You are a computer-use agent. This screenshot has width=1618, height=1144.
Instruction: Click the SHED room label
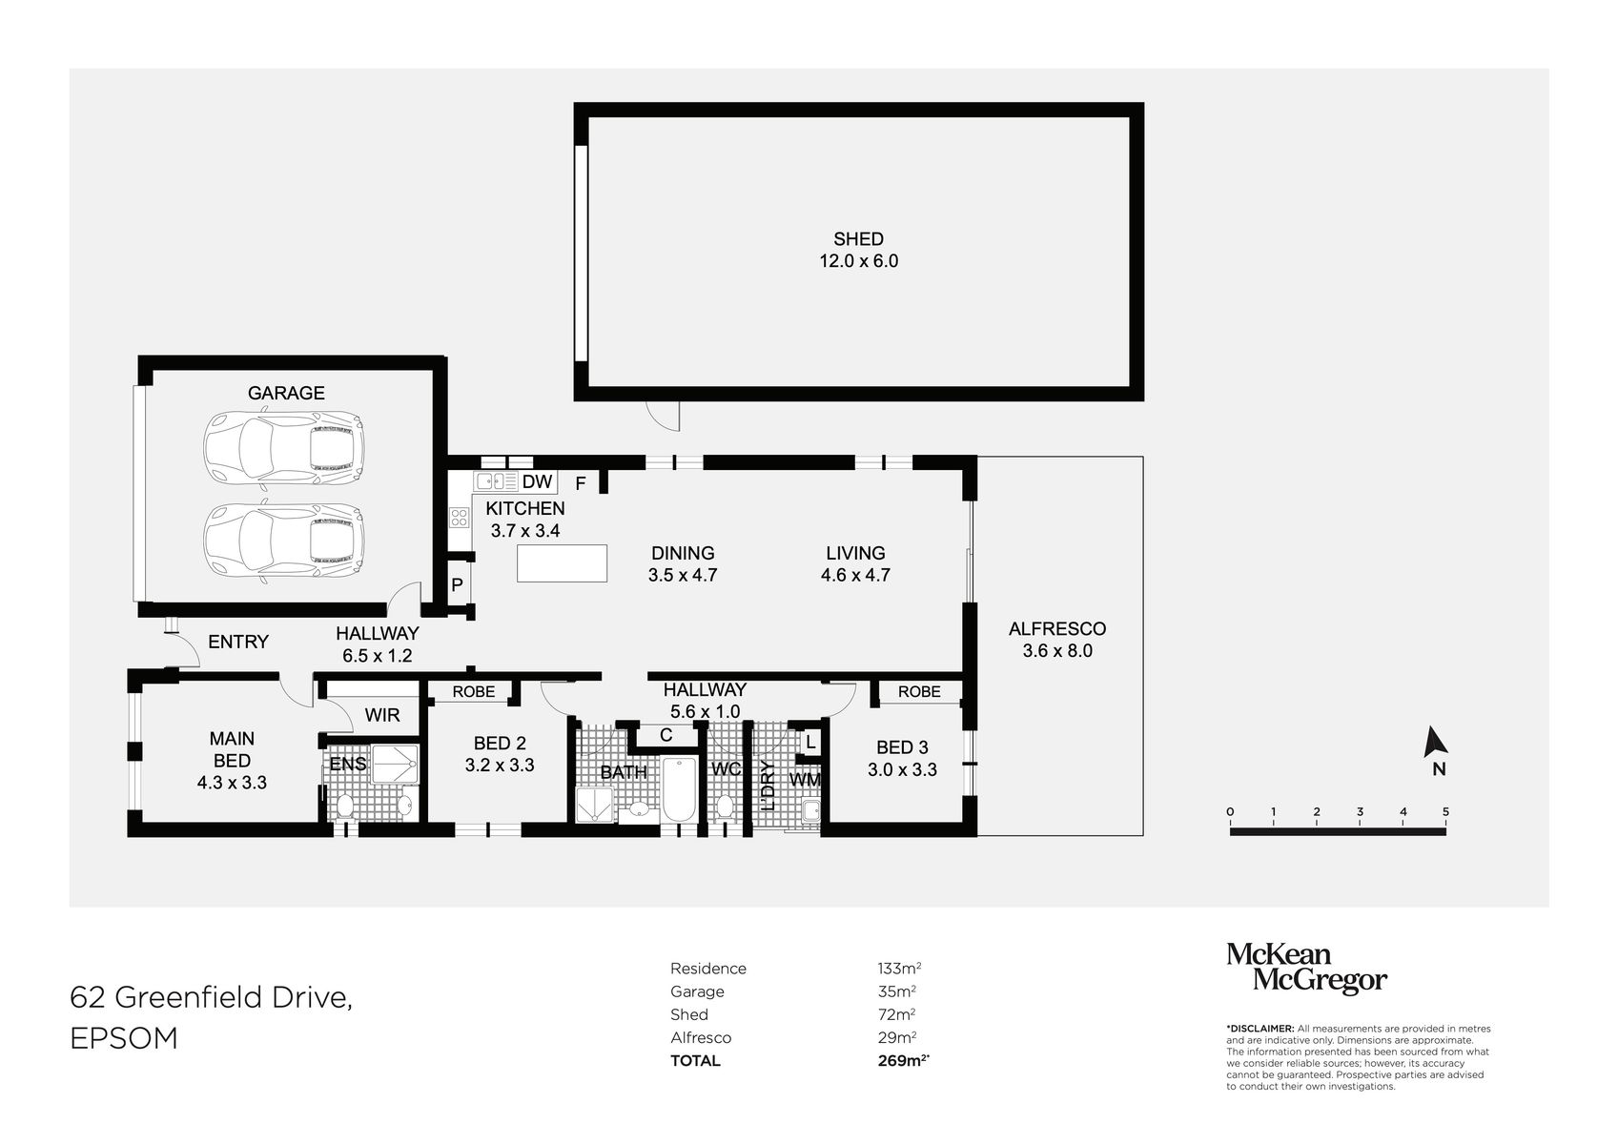click(858, 239)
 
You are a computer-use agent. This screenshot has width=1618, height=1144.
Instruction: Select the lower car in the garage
click(283, 541)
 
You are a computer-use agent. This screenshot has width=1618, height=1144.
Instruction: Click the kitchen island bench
click(563, 562)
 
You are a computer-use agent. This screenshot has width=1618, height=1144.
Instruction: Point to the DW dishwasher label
click(537, 482)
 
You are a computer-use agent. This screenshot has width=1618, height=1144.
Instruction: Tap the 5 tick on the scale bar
click(1445, 812)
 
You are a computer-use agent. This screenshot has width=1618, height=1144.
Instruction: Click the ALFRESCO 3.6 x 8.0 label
click(1057, 640)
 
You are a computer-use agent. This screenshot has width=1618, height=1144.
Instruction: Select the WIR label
click(382, 715)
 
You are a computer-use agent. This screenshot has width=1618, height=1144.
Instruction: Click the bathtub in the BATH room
click(680, 789)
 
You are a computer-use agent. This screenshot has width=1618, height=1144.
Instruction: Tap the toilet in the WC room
click(724, 806)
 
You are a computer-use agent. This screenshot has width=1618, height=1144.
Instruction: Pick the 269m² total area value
click(902, 1060)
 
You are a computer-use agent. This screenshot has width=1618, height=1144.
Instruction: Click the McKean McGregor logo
click(1305, 969)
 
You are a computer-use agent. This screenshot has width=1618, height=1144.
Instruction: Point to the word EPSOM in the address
click(124, 1038)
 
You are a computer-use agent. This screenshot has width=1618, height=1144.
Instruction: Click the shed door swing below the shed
click(663, 414)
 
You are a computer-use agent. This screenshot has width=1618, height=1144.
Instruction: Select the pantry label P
click(457, 585)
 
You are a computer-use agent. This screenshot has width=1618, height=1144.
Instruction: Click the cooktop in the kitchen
click(460, 518)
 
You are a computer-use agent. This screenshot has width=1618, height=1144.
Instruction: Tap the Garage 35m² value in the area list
click(896, 991)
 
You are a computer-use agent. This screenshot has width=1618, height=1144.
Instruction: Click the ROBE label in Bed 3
click(919, 692)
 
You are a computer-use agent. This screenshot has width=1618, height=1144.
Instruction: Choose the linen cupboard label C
click(666, 735)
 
